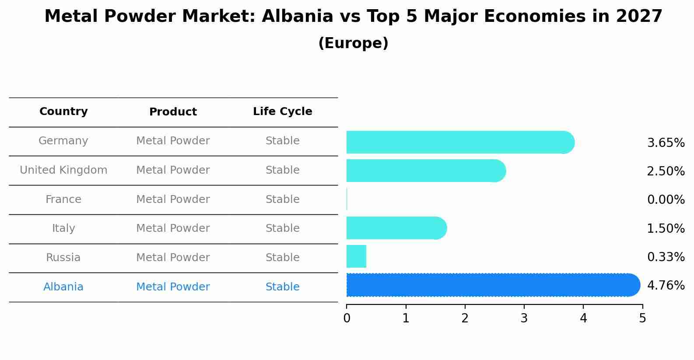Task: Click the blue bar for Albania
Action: click(x=493, y=285)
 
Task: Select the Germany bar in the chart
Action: click(x=460, y=142)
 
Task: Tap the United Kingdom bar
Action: click(x=426, y=171)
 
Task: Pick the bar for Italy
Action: click(x=396, y=228)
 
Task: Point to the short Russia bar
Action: click(x=356, y=256)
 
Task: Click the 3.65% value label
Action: click(x=666, y=143)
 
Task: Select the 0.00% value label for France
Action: click(x=666, y=199)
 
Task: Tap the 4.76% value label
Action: click(x=666, y=285)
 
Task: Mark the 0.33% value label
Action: click(x=666, y=257)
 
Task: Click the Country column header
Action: click(x=63, y=111)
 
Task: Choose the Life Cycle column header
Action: click(x=283, y=111)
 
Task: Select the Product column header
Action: click(x=173, y=112)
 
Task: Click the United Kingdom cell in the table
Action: click(x=63, y=170)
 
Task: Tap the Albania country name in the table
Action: click(x=63, y=287)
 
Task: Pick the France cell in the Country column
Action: click(x=63, y=199)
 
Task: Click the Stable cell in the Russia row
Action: click(x=283, y=257)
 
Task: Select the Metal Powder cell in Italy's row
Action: click(x=173, y=228)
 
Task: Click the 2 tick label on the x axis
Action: click(x=465, y=318)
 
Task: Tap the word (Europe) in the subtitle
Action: click(x=353, y=43)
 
